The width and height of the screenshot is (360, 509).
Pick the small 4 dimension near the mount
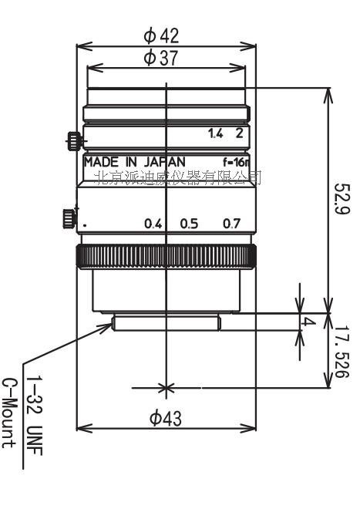pyautogui.click(x=308, y=322)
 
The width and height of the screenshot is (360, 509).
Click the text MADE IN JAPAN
pyautogui.click(x=134, y=161)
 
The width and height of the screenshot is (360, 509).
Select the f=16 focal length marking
pyautogui.click(x=234, y=162)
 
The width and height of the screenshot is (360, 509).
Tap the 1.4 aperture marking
pyautogui.click(x=216, y=133)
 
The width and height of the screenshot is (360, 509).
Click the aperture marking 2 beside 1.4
pyautogui.click(x=240, y=133)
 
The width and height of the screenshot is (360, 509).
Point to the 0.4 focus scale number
pyautogui.click(x=153, y=224)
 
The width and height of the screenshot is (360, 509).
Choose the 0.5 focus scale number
pyautogui.click(x=189, y=224)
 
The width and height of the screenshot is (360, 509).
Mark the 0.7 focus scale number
pyautogui.click(x=231, y=224)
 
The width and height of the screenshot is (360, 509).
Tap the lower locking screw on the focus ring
pyautogui.click(x=69, y=219)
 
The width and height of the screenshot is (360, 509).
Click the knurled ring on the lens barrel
pyautogui.click(x=166, y=256)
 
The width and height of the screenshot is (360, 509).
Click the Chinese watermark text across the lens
pyautogui.click(x=177, y=177)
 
